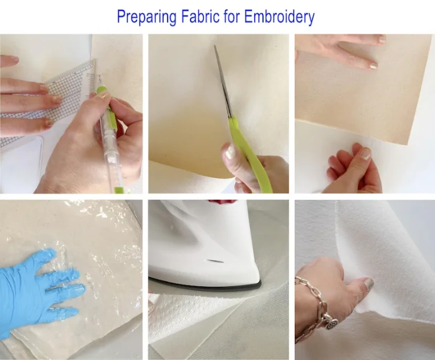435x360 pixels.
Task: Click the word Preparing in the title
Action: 146,17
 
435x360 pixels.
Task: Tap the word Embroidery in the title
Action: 279,17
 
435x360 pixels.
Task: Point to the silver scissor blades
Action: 223,81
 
